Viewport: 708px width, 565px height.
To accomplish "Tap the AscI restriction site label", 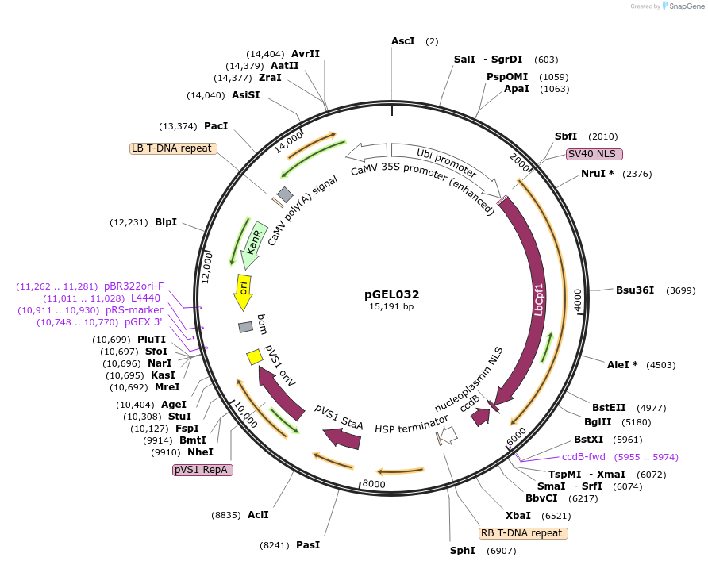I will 403,40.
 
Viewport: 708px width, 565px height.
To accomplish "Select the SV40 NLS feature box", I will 594,154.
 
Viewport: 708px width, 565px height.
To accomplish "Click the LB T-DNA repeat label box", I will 173,148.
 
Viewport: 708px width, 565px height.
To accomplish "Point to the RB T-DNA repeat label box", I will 523,533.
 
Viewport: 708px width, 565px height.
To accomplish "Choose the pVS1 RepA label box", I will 202,470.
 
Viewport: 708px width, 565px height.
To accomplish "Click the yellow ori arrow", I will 243,293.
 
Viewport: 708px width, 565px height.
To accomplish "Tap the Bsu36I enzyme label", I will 635,290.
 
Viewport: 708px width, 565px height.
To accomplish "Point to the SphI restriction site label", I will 461,551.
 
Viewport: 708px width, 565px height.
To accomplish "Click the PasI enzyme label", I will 308,545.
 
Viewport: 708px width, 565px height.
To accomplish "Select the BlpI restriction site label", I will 166,222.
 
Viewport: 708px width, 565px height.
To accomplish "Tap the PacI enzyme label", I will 216,126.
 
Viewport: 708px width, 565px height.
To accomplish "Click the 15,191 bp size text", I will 391,306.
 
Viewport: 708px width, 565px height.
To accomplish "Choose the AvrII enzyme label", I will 306,53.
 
